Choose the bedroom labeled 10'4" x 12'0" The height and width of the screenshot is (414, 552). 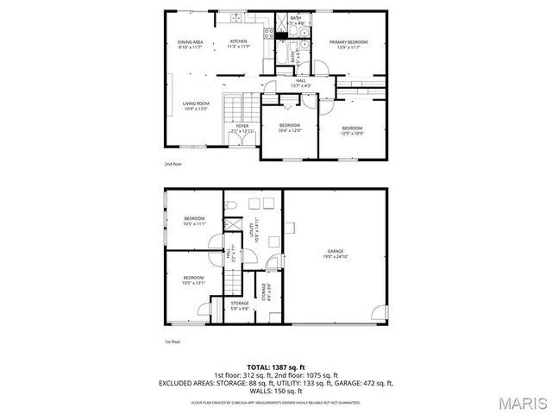pos(289,128)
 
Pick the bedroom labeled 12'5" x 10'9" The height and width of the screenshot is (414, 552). pos(352,130)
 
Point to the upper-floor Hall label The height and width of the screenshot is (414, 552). pos(299,83)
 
